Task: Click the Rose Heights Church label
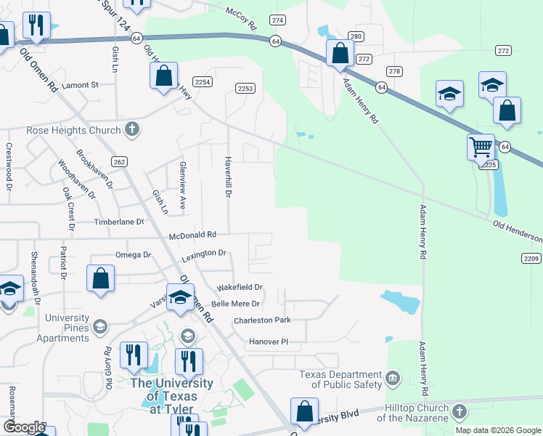coord(73,131)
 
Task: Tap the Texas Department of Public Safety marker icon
coord(393,378)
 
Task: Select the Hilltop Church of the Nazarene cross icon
coord(458,412)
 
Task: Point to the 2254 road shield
coord(203,82)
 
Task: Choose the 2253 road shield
coord(245,89)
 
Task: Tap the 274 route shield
coord(277,21)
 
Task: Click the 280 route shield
coord(356,36)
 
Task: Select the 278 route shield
coord(394,71)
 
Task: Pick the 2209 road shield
coord(531,258)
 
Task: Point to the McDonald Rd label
coord(192,235)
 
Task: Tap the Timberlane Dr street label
coord(119,222)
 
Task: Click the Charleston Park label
coord(262,320)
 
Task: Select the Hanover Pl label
coord(269,341)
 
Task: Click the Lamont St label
coord(80,85)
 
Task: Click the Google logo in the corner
coord(24,427)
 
